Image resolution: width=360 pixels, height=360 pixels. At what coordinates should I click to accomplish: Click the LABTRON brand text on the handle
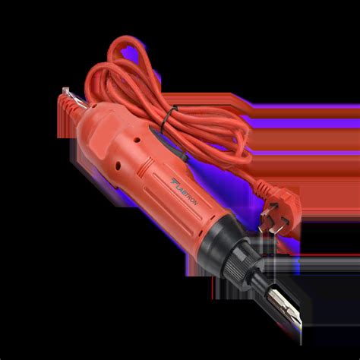pyautogui.click(x=187, y=193)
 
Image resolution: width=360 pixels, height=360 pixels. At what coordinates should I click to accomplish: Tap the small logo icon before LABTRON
pyautogui.click(x=173, y=182)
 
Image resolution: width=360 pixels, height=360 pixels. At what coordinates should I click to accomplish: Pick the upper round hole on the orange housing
pyautogui.click(x=137, y=140)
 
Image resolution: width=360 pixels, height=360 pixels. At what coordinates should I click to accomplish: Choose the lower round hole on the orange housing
pyautogui.click(x=118, y=166)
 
